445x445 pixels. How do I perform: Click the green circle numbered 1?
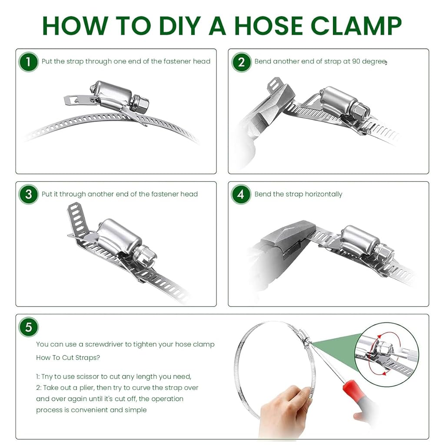(28, 62)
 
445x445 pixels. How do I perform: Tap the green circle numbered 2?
(241, 62)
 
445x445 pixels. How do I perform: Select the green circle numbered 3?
(28, 194)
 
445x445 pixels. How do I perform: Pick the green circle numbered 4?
(241, 194)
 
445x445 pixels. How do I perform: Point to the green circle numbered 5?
(28, 327)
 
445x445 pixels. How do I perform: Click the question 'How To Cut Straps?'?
(68, 358)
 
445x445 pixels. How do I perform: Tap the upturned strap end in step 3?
(76, 219)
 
